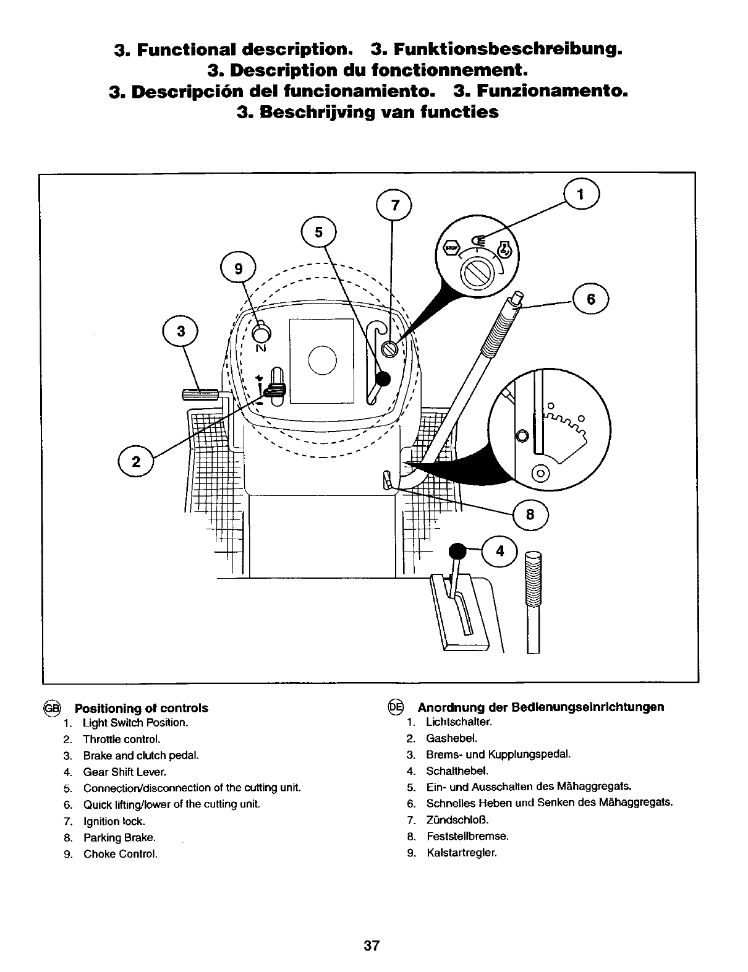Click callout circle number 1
point(580,194)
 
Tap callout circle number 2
point(136,461)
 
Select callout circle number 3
point(181,331)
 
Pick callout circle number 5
point(318,233)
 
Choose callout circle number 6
point(591,299)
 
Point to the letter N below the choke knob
point(261,348)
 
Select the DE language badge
point(396,707)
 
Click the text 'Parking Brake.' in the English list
point(119,838)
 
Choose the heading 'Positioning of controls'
point(142,709)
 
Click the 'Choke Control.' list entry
point(121,854)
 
